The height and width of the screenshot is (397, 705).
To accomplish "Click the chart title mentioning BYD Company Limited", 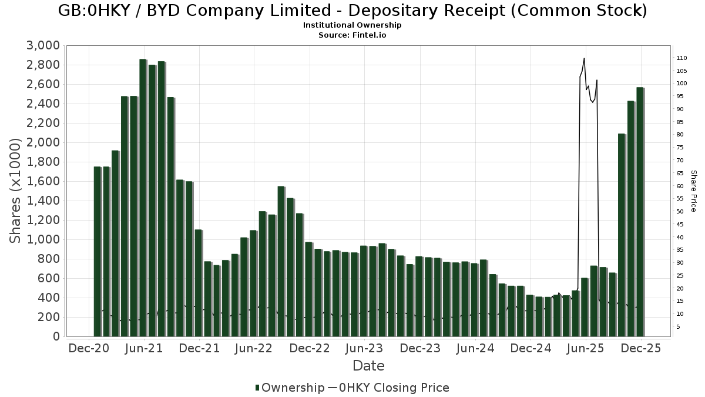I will [x=352, y=11].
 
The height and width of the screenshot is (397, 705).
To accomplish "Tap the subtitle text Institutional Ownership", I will [x=352, y=25].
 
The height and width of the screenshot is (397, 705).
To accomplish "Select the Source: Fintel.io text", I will [x=352, y=35].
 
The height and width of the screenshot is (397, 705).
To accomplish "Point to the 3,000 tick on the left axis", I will [x=43, y=46].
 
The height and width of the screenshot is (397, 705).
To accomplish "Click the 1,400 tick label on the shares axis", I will [x=43, y=201].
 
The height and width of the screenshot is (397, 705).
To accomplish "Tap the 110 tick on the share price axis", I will [x=681, y=58].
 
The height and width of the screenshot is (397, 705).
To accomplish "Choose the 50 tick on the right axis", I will [x=680, y=212].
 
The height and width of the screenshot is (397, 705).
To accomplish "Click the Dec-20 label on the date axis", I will [x=89, y=348].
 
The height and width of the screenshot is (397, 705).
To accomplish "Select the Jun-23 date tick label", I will [x=364, y=348].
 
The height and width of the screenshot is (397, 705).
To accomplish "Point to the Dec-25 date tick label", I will [x=641, y=348].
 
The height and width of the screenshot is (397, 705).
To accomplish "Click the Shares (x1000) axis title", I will [x=16, y=191].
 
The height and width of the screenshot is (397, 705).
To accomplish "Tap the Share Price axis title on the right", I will [x=693, y=191].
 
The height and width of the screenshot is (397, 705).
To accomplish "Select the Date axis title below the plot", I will [x=368, y=366].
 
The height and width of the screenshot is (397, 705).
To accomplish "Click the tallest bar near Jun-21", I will [x=143, y=198].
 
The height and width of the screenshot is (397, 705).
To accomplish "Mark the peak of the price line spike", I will [x=584, y=58].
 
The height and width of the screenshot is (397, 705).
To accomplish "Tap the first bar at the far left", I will [x=97, y=252].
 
